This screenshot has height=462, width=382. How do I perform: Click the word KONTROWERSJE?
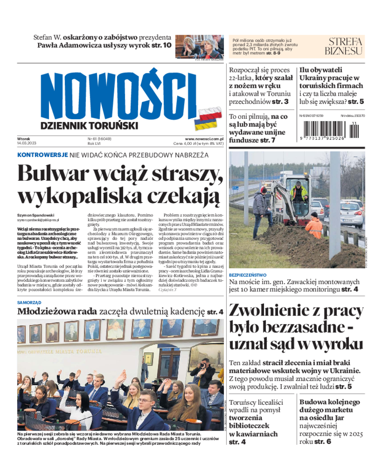click(x=42, y=155)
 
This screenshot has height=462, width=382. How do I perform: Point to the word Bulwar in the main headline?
click(x=53, y=173)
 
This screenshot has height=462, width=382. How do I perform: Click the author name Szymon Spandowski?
click(x=36, y=215)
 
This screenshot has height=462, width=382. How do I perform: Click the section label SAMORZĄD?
click(x=29, y=302)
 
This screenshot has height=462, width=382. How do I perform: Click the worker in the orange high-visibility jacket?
click(x=313, y=226)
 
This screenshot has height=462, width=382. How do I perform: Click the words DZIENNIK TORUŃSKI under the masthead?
click(x=83, y=125)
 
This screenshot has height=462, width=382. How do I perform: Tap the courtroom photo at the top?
click(x=199, y=46)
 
